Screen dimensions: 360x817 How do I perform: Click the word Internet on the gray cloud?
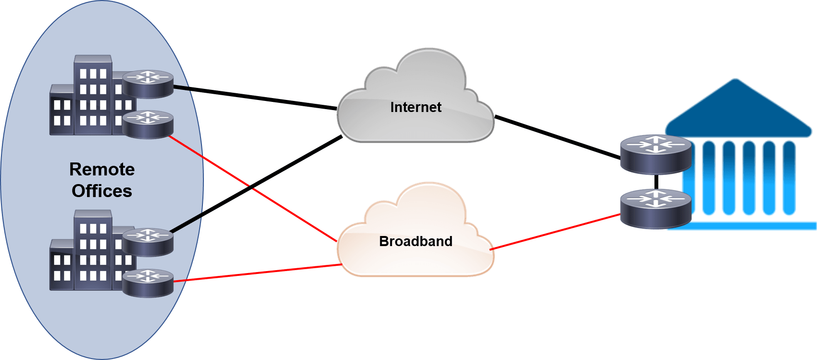coord(415,107)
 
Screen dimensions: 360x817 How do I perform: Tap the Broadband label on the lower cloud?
coord(415,241)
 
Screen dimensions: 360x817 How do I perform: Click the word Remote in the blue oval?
coord(102,169)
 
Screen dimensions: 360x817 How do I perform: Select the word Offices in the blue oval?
coord(102,191)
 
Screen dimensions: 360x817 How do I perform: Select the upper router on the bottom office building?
coord(148,241)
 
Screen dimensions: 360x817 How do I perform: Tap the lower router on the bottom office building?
coord(148,282)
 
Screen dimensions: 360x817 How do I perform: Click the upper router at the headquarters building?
coord(655,154)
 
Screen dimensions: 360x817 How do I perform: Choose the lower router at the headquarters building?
coord(655,208)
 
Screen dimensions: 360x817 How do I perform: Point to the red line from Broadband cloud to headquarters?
coord(555,232)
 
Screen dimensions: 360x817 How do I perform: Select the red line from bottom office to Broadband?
coord(257,273)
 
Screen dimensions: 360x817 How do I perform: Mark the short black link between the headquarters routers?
coord(656,182)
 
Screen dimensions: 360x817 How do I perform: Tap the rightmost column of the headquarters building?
coord(789,178)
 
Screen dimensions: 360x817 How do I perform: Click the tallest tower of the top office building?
coord(93,96)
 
